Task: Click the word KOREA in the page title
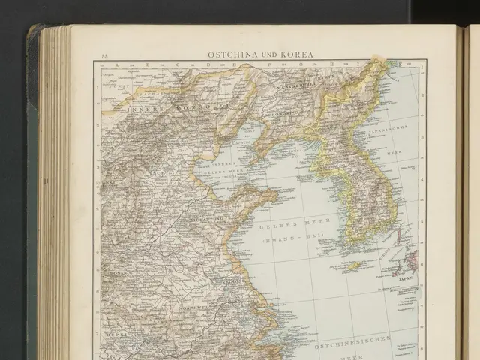coord(298,55)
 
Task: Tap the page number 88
coord(105,56)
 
